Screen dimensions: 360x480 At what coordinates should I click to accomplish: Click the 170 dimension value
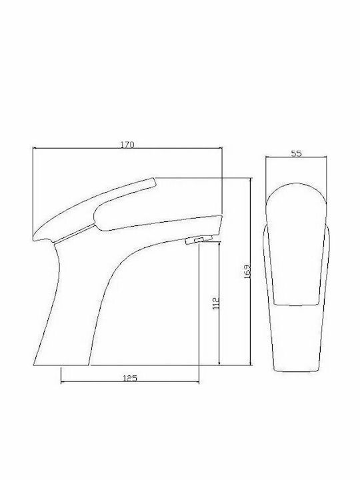click(127, 144)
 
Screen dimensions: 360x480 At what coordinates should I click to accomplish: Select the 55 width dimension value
click(296, 153)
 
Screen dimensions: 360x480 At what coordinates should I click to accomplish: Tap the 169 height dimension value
click(247, 271)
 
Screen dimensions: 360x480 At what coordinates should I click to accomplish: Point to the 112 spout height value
click(217, 303)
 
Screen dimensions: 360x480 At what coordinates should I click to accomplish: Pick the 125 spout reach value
click(130, 378)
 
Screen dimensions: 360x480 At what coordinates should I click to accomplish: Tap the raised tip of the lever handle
click(154, 182)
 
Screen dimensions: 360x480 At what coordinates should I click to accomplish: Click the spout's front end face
click(219, 225)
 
